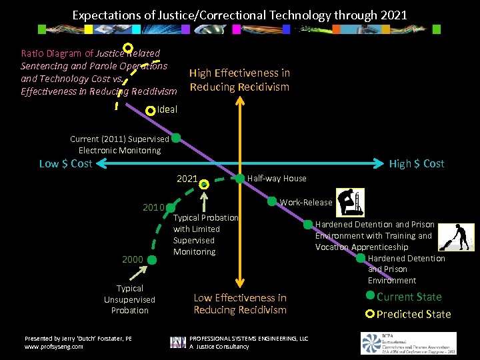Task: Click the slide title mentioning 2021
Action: (239, 15)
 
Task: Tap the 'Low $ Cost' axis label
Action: (65, 164)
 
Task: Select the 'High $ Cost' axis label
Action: (417, 164)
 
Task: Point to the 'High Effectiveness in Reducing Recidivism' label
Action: (239, 80)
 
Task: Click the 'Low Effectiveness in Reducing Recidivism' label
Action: (240, 304)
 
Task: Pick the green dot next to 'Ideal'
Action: (151, 109)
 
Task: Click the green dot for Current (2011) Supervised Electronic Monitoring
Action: (176, 139)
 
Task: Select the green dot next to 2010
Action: (170, 207)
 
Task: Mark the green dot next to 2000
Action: (152, 259)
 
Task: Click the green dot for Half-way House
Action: (240, 178)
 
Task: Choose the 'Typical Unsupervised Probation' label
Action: (129, 299)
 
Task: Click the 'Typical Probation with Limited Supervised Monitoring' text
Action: (205, 235)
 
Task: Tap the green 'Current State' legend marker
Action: (370, 296)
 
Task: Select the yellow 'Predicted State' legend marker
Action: (370, 313)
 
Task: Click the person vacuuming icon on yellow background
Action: (460, 237)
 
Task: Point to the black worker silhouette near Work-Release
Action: (350, 203)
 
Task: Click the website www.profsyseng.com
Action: (54, 347)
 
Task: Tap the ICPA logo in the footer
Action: (409, 343)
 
